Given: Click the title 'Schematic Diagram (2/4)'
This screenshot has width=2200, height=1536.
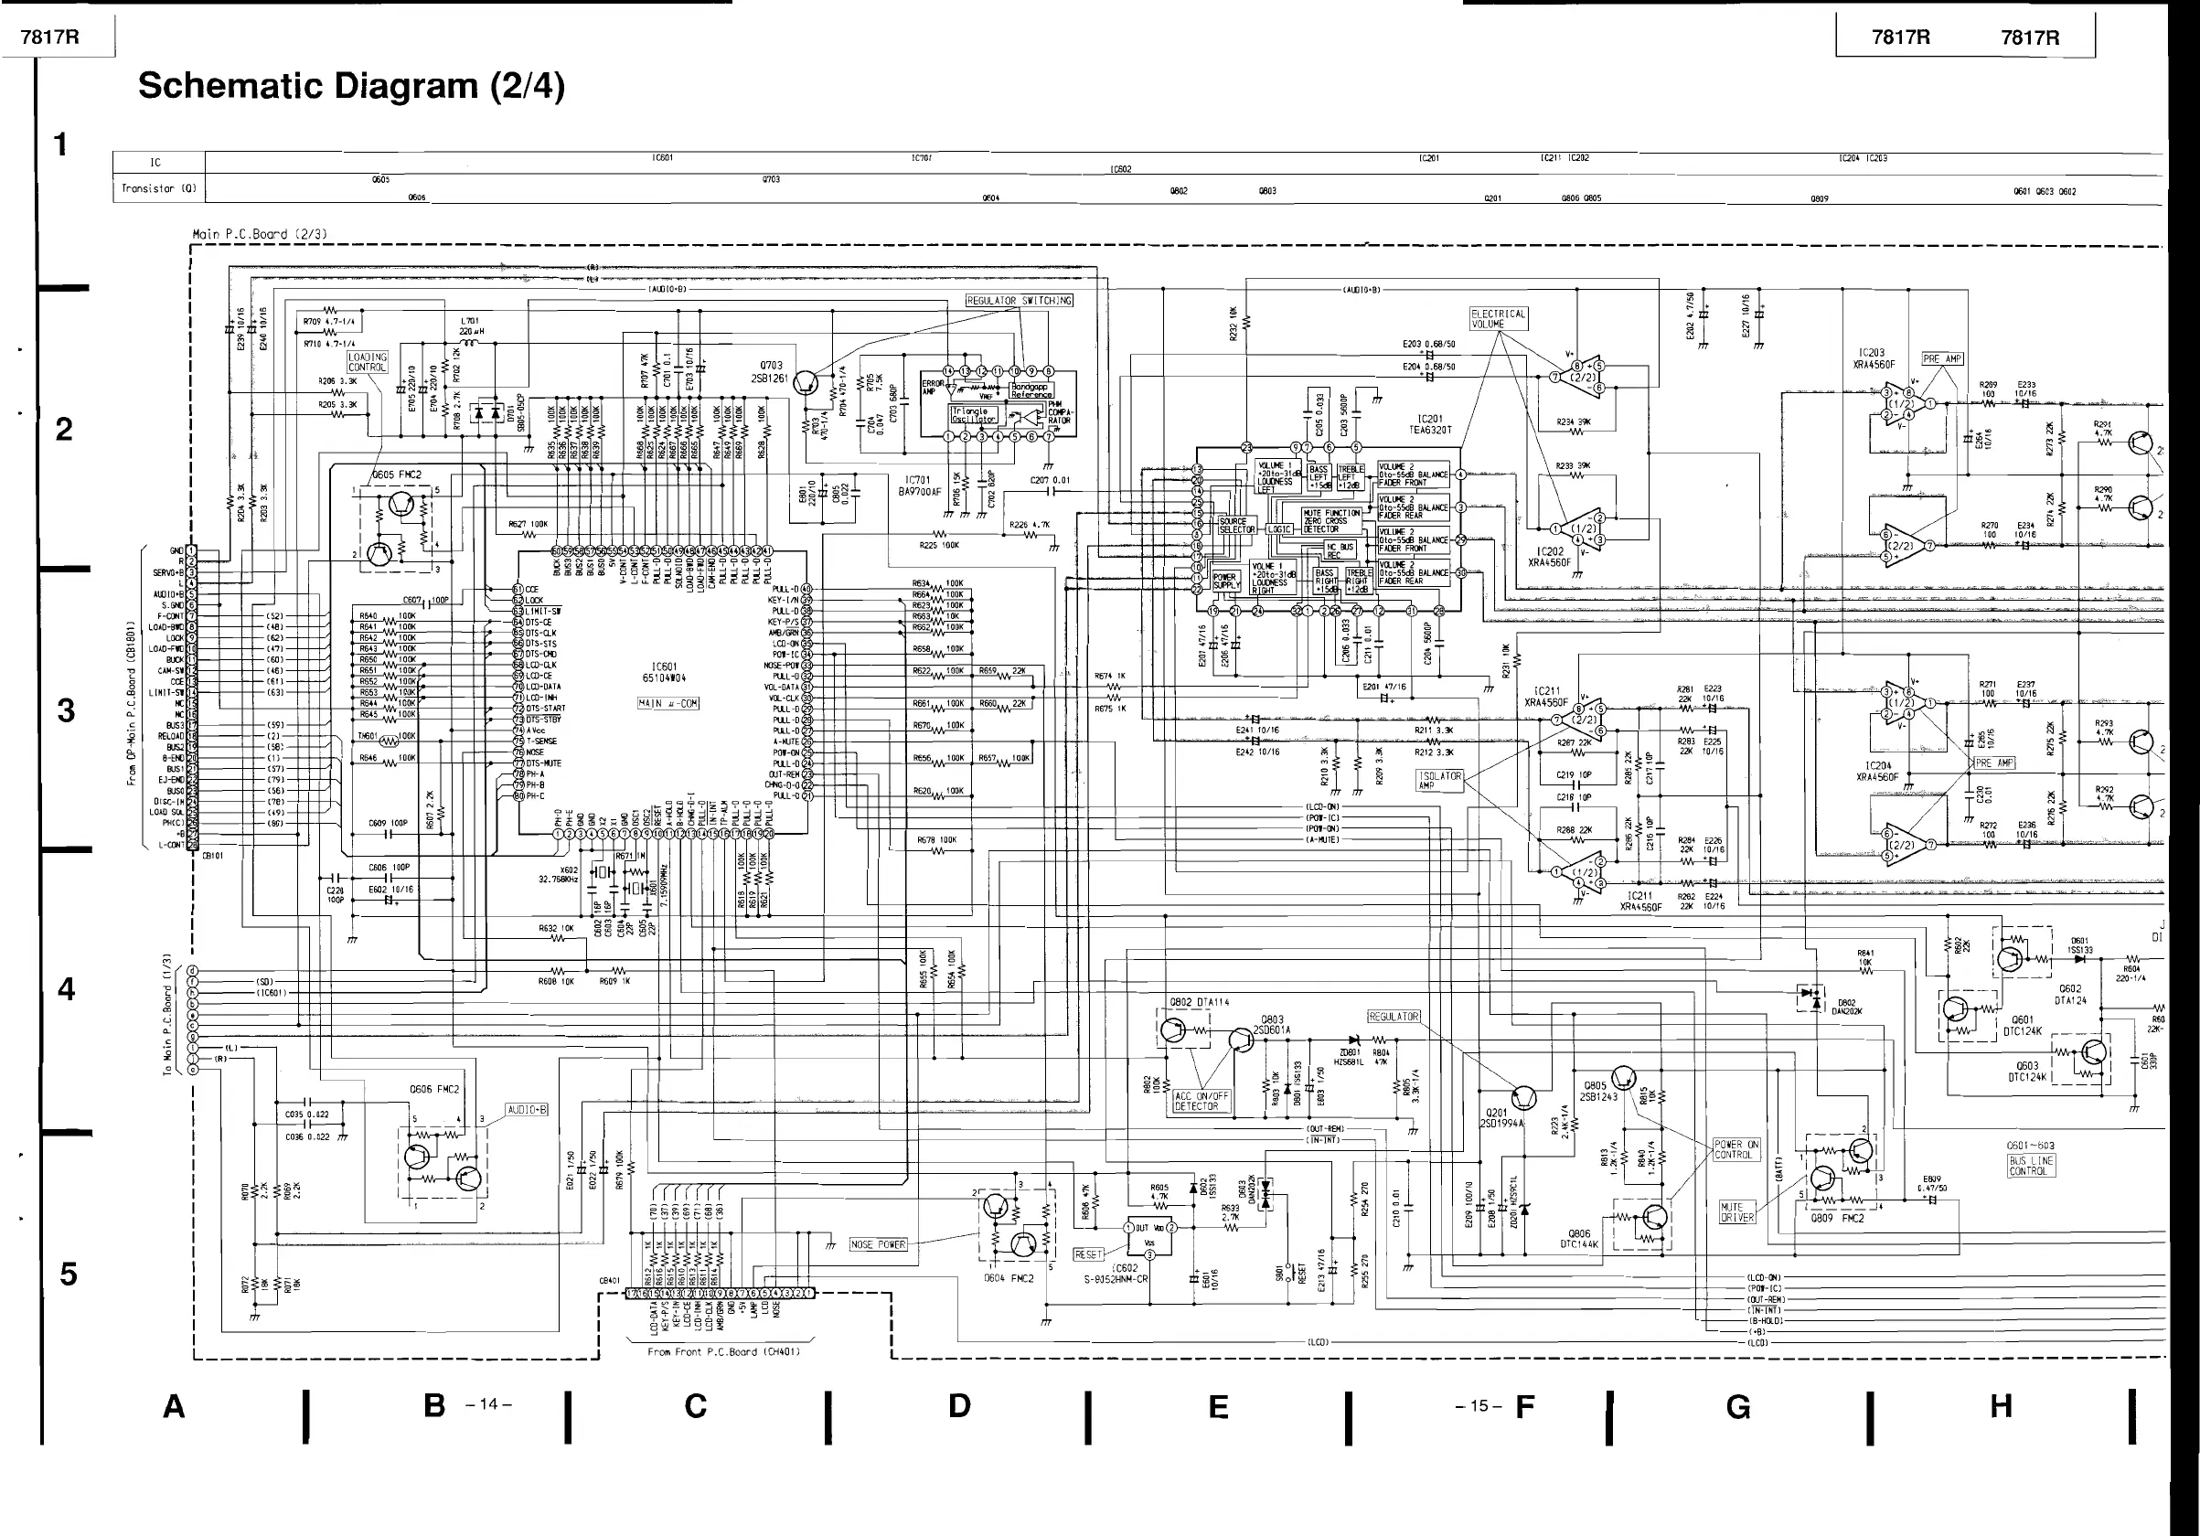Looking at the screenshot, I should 351,86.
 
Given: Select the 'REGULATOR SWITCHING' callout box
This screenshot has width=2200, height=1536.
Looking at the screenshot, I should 1020,300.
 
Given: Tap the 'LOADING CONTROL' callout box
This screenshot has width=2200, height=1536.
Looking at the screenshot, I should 368,362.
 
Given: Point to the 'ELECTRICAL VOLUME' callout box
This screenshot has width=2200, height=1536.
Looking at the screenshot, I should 1498,319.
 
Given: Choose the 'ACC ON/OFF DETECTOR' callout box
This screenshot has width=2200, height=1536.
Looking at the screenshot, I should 1201,1101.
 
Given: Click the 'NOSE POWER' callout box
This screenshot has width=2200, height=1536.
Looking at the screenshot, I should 878,1244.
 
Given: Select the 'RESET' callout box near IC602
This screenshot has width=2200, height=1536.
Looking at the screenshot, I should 1088,1254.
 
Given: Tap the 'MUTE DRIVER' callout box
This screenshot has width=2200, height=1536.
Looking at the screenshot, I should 1737,1212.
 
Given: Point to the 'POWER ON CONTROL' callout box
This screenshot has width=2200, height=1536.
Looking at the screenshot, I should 1737,1150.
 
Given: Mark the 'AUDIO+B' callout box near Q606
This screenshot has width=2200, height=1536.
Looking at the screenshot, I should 527,1110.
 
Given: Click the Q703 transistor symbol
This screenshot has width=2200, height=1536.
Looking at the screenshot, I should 806,383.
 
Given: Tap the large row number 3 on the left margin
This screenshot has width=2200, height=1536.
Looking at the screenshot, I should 65,711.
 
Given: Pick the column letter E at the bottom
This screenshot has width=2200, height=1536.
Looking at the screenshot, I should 1218,1407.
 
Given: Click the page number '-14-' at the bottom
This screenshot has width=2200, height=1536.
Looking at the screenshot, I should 488,1404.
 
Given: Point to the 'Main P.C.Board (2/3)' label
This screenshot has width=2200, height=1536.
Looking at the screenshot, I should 260,234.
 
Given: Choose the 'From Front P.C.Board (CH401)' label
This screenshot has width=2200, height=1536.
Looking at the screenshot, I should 723,1352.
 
